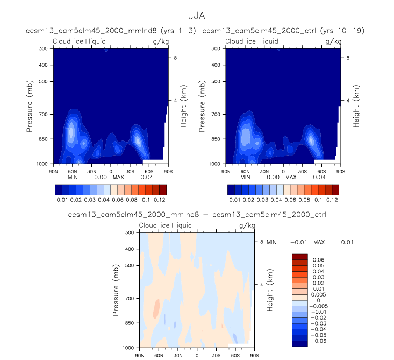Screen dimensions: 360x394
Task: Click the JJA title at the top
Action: coord(197,16)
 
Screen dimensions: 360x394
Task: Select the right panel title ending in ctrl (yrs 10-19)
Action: coord(283,31)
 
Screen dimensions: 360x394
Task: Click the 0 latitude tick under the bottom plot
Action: coord(197,355)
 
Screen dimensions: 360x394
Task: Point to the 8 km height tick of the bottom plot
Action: coord(261,242)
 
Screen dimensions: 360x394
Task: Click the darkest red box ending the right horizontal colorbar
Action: coord(335,189)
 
